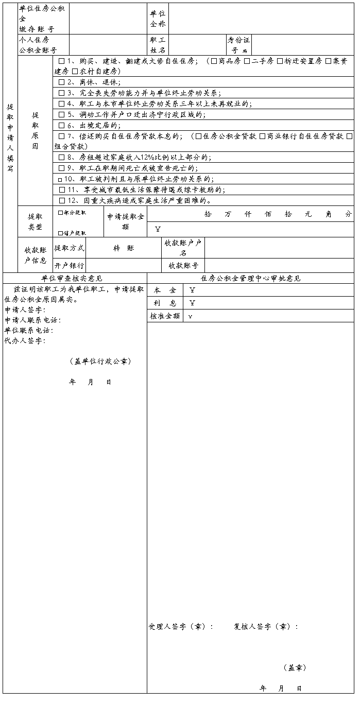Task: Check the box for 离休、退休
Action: tap(62, 82)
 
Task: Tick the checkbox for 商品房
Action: tap(214, 61)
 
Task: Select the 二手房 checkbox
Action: tap(247, 61)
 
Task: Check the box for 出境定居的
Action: tap(62, 126)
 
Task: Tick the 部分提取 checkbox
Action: tap(60, 212)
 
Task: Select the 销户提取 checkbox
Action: tap(60, 233)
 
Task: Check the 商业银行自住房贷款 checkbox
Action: tap(262, 136)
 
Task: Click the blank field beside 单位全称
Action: tap(261, 19)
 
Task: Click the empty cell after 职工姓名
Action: tap(196, 45)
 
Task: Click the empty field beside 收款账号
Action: tap(279, 266)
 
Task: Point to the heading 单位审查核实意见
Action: tap(75, 279)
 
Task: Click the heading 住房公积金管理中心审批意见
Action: tap(251, 279)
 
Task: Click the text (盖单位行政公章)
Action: tap(100, 361)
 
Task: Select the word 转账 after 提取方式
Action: tap(124, 248)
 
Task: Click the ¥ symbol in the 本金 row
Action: tap(192, 290)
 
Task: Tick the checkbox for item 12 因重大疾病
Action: tap(62, 201)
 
